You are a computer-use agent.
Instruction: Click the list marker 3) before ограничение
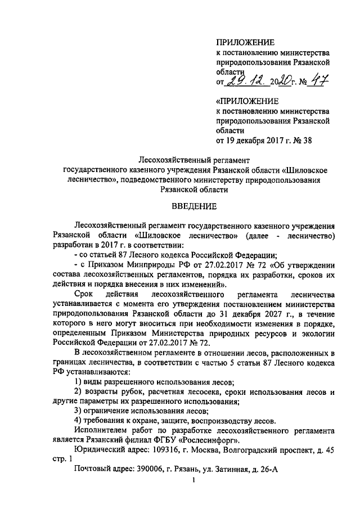(79, 411)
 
